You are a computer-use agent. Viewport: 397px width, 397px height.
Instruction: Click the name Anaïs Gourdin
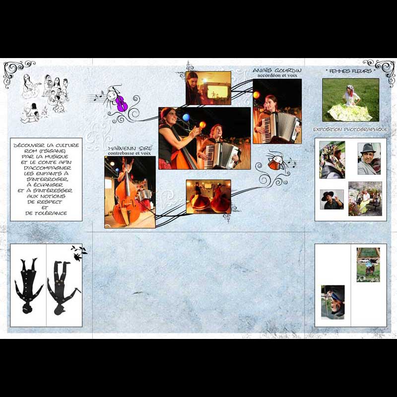point(277,70)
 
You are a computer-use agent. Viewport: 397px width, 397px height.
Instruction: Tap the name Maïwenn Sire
point(130,148)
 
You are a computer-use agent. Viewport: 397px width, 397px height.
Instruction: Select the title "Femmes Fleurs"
point(350,71)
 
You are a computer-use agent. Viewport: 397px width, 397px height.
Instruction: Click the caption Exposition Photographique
point(350,130)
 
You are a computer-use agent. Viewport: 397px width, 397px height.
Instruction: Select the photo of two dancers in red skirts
point(208,197)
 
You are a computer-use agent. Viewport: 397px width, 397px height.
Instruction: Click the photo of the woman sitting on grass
point(351,100)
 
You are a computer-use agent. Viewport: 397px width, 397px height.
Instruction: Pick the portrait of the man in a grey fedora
point(369,159)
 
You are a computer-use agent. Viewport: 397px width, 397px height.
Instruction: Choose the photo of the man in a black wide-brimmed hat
point(332,199)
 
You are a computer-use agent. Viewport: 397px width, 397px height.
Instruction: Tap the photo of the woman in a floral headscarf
point(332,160)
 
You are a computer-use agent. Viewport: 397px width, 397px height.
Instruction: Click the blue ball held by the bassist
point(186,117)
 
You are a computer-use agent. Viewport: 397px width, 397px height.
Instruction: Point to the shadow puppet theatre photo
point(208,88)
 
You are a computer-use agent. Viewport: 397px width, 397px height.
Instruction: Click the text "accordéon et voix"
point(277,75)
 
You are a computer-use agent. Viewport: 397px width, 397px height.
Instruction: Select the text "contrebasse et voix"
point(129,153)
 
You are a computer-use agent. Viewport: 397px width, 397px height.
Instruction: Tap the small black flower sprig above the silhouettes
point(79,253)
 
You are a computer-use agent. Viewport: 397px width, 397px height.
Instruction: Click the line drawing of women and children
point(45,98)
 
